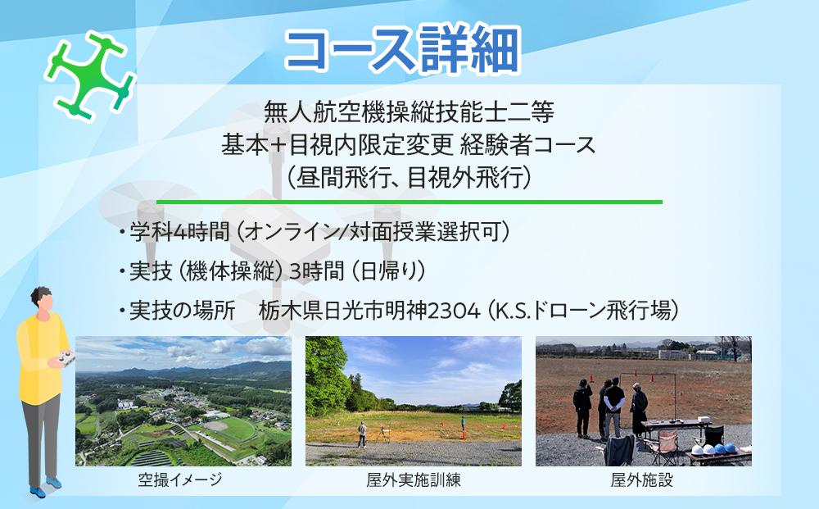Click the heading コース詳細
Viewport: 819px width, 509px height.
[x=401, y=51]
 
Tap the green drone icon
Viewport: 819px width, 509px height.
[x=90, y=75]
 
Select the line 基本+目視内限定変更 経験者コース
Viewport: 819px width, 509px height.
[x=409, y=144]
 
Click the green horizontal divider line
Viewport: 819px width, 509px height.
[x=409, y=201]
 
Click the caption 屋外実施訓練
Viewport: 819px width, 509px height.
[x=413, y=480]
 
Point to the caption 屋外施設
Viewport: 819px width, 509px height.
[x=642, y=480]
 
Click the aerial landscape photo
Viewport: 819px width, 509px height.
[x=183, y=401]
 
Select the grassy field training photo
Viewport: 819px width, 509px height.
[x=413, y=401]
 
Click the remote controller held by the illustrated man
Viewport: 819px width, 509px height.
[x=63, y=359]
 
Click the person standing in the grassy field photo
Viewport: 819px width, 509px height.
[x=361, y=434]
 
